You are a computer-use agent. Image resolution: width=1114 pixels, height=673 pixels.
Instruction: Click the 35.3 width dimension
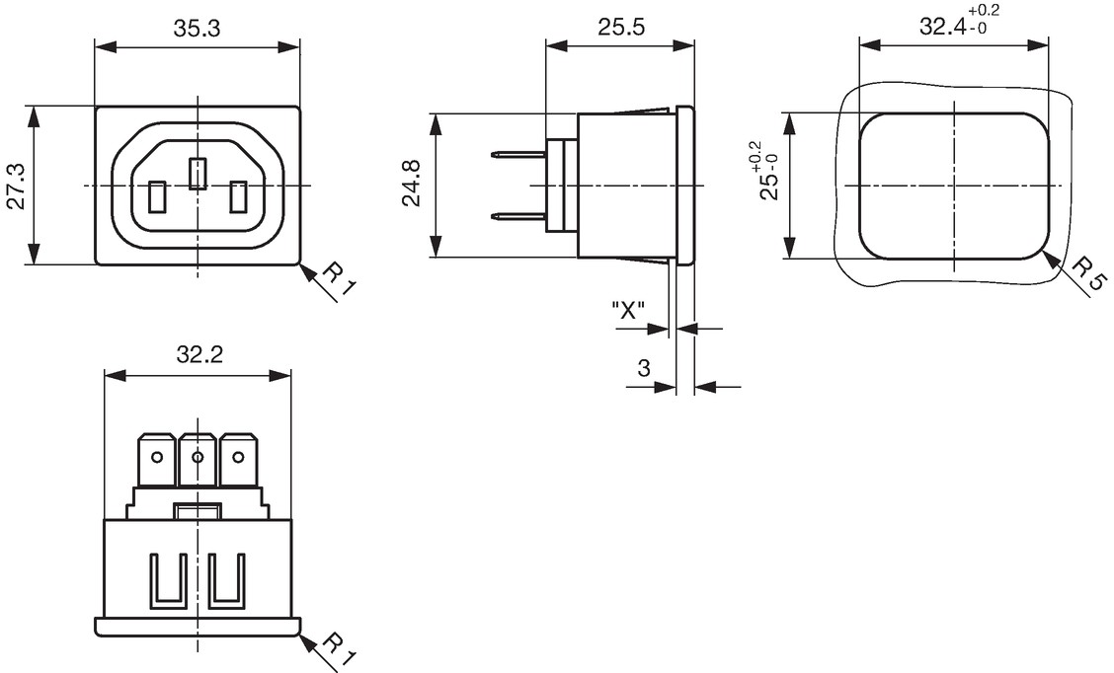[x=197, y=28]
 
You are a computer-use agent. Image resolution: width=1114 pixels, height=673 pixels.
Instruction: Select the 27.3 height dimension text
[x=16, y=187]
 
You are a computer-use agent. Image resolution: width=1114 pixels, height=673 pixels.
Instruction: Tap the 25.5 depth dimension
[x=620, y=27]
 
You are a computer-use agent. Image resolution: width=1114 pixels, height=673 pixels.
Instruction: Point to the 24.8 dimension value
[x=412, y=184]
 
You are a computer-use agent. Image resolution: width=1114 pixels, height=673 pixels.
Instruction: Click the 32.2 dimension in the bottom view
[x=199, y=353]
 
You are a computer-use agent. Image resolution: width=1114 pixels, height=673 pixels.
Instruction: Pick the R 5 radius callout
[x=1087, y=274]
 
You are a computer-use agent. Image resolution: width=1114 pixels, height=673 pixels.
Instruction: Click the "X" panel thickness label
[x=628, y=310]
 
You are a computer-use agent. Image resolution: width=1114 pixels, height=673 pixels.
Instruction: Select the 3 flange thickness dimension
[x=644, y=368]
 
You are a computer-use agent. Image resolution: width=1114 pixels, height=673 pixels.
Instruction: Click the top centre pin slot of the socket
[x=198, y=174]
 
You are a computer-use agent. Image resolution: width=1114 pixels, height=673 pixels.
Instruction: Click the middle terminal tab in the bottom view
[x=198, y=459]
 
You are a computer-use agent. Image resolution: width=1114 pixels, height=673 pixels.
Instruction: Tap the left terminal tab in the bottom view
[x=158, y=459]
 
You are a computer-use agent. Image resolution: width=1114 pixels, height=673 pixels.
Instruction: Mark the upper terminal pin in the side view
[x=520, y=154]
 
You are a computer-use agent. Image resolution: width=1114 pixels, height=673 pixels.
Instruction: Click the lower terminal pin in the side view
[x=520, y=216]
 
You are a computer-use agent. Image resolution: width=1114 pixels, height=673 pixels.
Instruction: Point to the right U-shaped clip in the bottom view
[x=226, y=581]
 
